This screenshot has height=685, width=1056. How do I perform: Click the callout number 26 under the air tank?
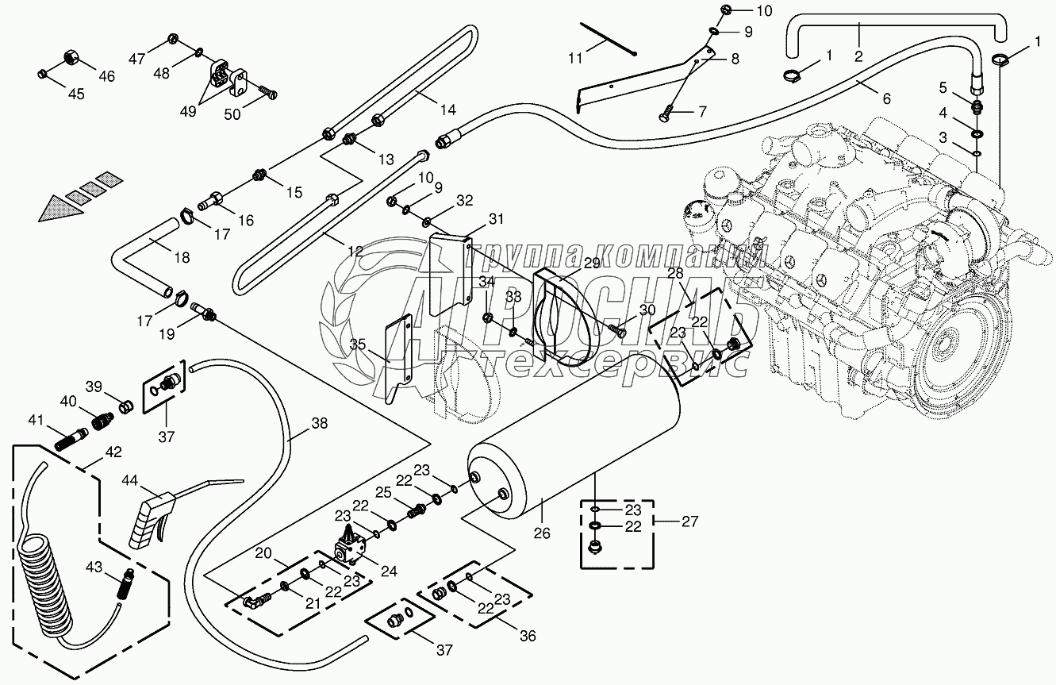click(542, 533)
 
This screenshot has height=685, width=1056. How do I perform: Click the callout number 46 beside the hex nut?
click(106, 76)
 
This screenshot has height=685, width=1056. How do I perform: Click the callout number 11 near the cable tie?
click(574, 57)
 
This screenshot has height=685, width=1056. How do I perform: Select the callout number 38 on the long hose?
click(319, 423)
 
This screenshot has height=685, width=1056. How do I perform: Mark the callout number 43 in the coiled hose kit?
click(93, 567)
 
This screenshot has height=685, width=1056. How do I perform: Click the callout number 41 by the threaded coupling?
click(36, 419)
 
